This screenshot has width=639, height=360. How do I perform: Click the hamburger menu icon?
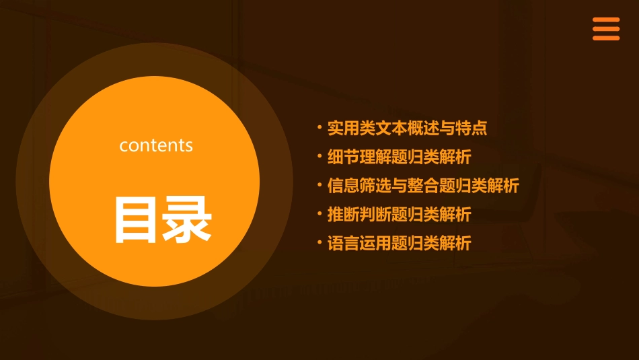(x=605, y=29)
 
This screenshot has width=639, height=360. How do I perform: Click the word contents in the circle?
(x=156, y=145)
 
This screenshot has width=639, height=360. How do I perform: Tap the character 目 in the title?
(x=135, y=219)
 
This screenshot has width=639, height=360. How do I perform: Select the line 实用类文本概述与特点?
(x=407, y=128)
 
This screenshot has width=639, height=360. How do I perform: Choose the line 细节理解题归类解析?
(x=399, y=157)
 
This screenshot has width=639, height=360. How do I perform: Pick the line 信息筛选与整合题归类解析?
(x=423, y=186)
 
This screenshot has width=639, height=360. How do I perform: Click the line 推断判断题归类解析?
(x=399, y=215)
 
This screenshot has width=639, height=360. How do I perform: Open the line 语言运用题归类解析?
(x=399, y=244)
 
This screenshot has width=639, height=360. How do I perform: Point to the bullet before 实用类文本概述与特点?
(x=320, y=127)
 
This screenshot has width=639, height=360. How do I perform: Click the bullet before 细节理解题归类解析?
(x=320, y=156)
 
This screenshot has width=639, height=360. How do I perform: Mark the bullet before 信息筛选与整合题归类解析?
(x=320, y=185)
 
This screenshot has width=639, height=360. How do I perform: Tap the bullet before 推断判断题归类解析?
(x=320, y=214)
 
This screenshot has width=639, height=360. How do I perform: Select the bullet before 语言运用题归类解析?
(x=320, y=243)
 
